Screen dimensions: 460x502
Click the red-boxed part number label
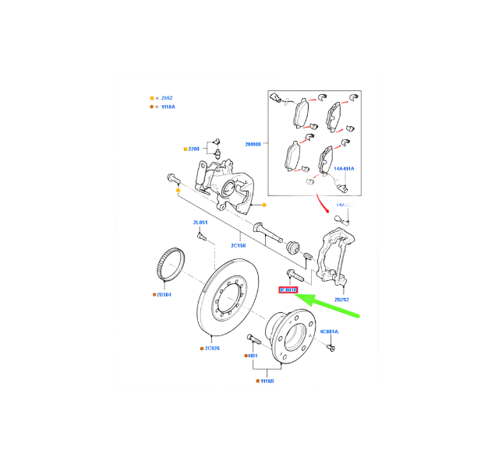288,290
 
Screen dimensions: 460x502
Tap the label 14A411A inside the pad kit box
344,169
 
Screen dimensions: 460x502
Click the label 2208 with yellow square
193,148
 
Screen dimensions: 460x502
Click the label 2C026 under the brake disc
213,348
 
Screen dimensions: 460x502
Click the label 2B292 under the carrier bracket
342,299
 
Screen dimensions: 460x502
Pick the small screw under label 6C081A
329,346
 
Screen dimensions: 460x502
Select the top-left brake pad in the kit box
299,114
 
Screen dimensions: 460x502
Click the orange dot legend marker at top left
153,107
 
